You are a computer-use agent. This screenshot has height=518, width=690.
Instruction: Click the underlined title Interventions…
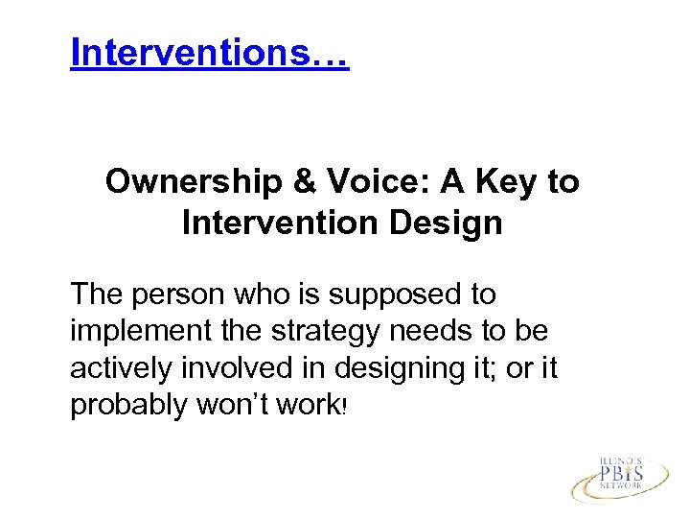pos(209,54)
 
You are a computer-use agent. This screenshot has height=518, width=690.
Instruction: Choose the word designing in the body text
pos(384,367)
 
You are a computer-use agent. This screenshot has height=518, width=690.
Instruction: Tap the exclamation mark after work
pos(342,407)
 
